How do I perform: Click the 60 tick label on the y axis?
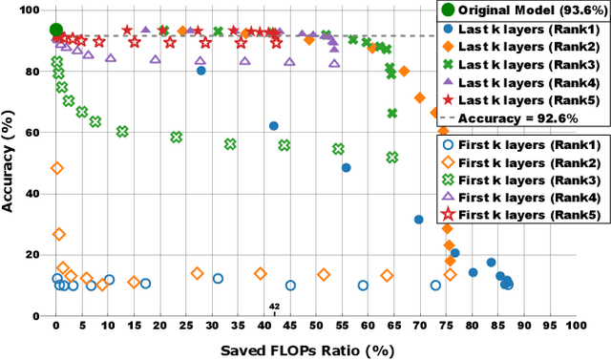tap(36, 133)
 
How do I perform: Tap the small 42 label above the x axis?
tap(274, 307)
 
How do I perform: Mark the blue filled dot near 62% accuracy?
tap(274, 126)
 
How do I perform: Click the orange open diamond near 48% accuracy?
tap(57, 168)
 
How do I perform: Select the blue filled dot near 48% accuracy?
tap(346, 167)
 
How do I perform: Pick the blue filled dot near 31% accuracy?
tap(418, 220)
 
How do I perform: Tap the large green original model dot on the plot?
tap(56, 30)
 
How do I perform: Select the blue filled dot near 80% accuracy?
tap(200, 71)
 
